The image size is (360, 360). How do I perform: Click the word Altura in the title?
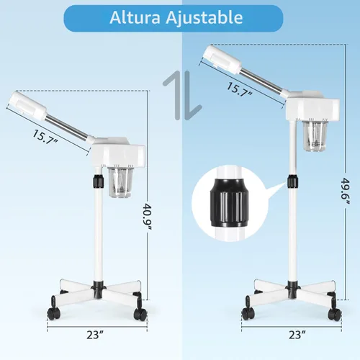pos(135,17)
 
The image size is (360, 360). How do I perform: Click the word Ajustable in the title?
pos(204,18)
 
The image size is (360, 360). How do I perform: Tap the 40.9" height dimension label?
pos(146,217)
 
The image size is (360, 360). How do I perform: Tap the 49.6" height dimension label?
pos(346,191)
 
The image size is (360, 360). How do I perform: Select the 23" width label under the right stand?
pos(297,335)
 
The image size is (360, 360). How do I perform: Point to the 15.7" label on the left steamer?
pos(45,137)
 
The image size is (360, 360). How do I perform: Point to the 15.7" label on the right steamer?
pos(240,90)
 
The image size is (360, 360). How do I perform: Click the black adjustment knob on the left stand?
pos(98,181)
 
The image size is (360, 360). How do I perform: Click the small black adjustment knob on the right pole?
pos(293,181)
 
